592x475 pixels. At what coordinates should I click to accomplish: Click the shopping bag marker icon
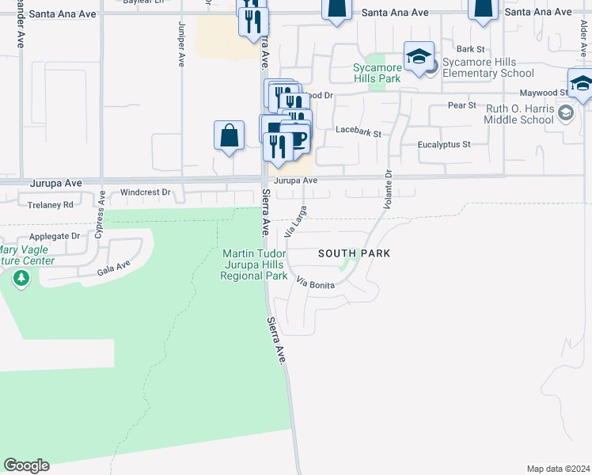coord(229,135)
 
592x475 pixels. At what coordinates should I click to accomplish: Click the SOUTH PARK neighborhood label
coord(355,253)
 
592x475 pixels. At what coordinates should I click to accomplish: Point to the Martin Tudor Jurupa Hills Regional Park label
coord(254,264)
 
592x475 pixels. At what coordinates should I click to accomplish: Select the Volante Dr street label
coord(388,190)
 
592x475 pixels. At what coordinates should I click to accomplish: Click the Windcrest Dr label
coord(146,192)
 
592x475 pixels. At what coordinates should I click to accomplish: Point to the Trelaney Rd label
coord(51,204)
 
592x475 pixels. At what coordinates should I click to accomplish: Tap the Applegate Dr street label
coord(55,236)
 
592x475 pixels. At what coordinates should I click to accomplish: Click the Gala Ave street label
coord(113,268)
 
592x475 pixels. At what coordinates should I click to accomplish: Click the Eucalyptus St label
coord(444,145)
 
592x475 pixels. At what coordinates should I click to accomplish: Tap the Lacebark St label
coord(358,132)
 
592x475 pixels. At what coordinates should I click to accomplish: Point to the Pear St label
coord(461,104)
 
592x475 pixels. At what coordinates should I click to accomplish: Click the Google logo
coord(26,465)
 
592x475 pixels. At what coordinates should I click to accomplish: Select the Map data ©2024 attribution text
coord(557,469)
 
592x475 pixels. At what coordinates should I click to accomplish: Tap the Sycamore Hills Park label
coord(377,73)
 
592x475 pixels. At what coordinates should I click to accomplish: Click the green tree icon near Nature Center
coord(21,279)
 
